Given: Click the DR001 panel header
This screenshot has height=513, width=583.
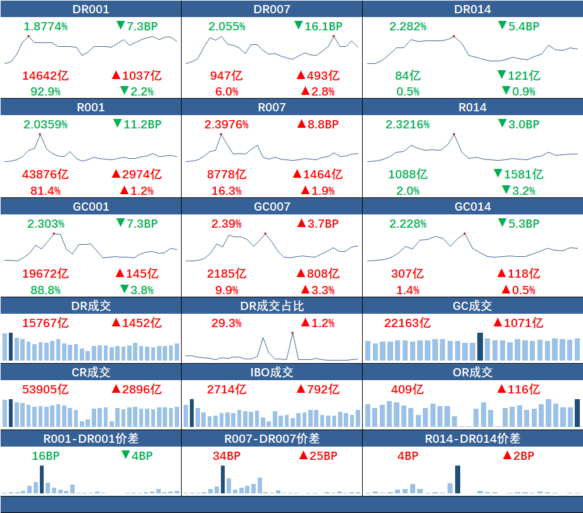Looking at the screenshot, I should coord(91,9).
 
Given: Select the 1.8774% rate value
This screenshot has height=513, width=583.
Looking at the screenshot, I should coord(46,26).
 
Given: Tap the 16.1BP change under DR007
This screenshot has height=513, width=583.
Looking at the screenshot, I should coord(318,26).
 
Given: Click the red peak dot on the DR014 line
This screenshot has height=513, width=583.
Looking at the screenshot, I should coord(454,36).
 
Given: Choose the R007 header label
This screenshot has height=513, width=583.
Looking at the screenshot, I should coord(272,108).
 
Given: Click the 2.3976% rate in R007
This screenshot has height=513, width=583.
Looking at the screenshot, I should coord(227,125).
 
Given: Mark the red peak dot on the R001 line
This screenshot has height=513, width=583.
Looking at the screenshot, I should coord(39,134).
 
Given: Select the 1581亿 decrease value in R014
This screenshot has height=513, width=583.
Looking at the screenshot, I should coord(518,174).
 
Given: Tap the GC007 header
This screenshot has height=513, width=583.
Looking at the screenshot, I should coord(272,206).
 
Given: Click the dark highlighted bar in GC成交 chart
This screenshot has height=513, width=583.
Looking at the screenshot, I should coord(480,346).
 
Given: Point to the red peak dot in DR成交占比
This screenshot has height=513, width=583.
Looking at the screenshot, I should coord(292,333).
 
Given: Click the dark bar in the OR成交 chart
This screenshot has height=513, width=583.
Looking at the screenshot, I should coord(577,412).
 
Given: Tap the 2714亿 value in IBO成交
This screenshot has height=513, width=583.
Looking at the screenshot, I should coord(227,389).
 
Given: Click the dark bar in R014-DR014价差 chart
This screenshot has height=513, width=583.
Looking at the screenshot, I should coord(458,479).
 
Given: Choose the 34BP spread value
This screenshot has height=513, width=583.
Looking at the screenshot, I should coord(227,455).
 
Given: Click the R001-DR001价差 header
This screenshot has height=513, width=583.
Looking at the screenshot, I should coord(91,438).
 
